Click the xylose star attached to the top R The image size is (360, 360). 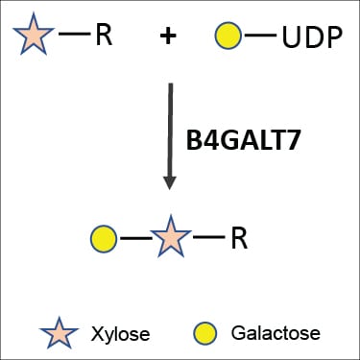(x=34, y=35)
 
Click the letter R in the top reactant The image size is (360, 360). (x=104, y=35)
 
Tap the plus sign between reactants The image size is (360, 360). (x=168, y=36)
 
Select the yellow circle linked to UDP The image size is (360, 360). (x=228, y=36)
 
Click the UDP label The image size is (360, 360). (x=312, y=37)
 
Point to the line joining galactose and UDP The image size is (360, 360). (x=260, y=36)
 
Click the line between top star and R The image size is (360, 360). (x=75, y=34)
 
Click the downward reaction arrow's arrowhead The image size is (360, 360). (x=170, y=183)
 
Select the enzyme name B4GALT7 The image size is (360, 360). (x=243, y=141)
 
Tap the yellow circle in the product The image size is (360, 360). (x=104, y=239)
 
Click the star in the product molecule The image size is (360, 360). (x=171, y=237)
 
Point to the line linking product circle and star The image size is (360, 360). (x=136, y=238)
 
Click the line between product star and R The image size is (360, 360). (x=209, y=237)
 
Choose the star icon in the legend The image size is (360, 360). (x=59, y=333)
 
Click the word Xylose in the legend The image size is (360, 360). (x=120, y=334)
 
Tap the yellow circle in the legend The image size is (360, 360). (x=205, y=333)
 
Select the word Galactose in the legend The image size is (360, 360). (x=276, y=333)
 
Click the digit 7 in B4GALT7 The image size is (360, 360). (x=293, y=141)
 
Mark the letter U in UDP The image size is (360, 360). (x=291, y=37)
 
